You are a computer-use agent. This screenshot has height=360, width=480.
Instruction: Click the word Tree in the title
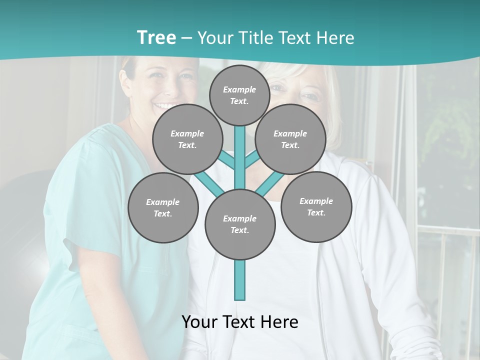(x=156, y=38)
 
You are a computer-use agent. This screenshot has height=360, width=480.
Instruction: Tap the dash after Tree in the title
(x=186, y=38)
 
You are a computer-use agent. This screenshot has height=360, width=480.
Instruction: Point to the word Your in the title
(x=214, y=38)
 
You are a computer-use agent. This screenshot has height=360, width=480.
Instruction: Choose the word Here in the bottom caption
(x=279, y=322)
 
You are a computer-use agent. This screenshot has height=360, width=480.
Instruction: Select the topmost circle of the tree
(x=239, y=95)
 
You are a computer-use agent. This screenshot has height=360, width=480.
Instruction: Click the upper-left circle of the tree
(x=187, y=139)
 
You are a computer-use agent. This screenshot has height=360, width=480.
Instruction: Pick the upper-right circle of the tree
(x=290, y=139)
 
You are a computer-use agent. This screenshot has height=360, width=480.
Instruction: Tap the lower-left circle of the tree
(x=163, y=207)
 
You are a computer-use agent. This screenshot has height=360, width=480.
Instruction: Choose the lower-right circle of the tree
(x=316, y=206)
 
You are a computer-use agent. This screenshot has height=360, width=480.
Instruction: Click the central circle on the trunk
(x=240, y=224)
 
